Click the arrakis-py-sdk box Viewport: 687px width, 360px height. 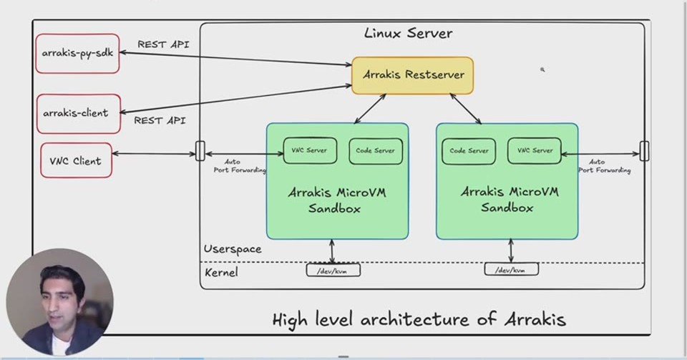coord(77,54)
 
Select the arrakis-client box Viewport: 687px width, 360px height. coord(79,113)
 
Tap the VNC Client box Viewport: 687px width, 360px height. coord(77,160)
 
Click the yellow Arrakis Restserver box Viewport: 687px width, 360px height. coord(413,75)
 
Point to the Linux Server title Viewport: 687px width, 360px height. coord(409,34)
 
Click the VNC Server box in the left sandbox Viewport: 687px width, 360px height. coord(310,151)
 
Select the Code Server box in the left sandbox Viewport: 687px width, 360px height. coord(376,151)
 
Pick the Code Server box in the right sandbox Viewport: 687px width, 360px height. coord(469,152)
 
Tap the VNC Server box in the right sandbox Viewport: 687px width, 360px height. coord(535,151)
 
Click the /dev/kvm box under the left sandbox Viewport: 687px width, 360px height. coord(333,271)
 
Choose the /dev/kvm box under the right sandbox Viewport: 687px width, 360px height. coord(511,269)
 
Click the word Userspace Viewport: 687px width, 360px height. coord(233,249)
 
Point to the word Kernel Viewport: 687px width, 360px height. coord(221,273)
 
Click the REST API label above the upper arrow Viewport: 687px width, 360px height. coord(163,44)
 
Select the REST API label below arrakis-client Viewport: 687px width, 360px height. coord(160,120)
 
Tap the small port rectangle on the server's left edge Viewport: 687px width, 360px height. coord(200,151)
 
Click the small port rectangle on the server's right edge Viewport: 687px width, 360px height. coord(645,151)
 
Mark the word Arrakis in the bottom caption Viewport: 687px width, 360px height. coord(535,319)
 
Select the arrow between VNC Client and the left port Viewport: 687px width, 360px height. coord(154,154)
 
